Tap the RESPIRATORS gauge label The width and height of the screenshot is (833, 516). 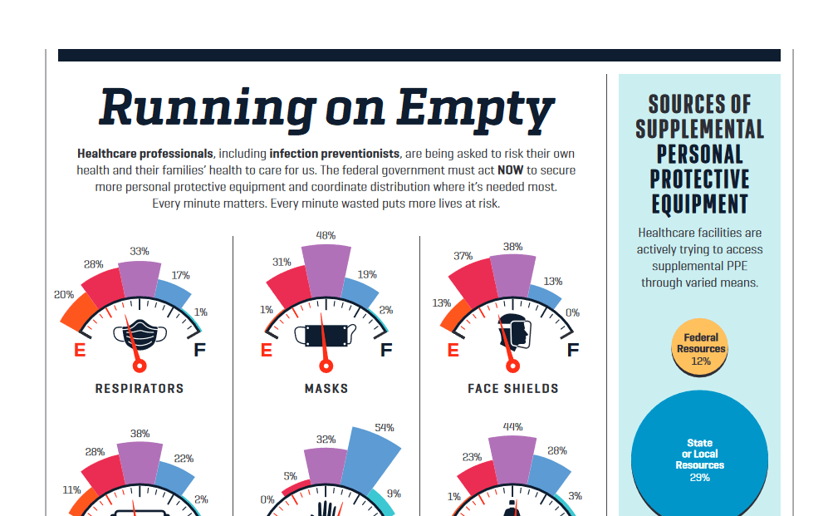140,388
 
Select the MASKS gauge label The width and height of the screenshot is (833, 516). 326,388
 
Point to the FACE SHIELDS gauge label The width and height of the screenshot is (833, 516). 512,388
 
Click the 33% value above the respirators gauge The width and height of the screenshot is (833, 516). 140,250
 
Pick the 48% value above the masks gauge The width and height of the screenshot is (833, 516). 326,235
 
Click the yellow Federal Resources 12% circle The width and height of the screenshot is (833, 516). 701,346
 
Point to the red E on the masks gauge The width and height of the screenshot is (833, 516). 267,350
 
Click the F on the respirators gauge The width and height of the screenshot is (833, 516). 199,350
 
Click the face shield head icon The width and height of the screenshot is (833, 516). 513,334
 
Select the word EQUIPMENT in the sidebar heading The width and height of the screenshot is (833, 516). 699,204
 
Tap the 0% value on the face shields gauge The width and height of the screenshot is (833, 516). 571,313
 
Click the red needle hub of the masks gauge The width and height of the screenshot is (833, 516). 326,366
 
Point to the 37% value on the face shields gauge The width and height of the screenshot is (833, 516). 463,256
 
